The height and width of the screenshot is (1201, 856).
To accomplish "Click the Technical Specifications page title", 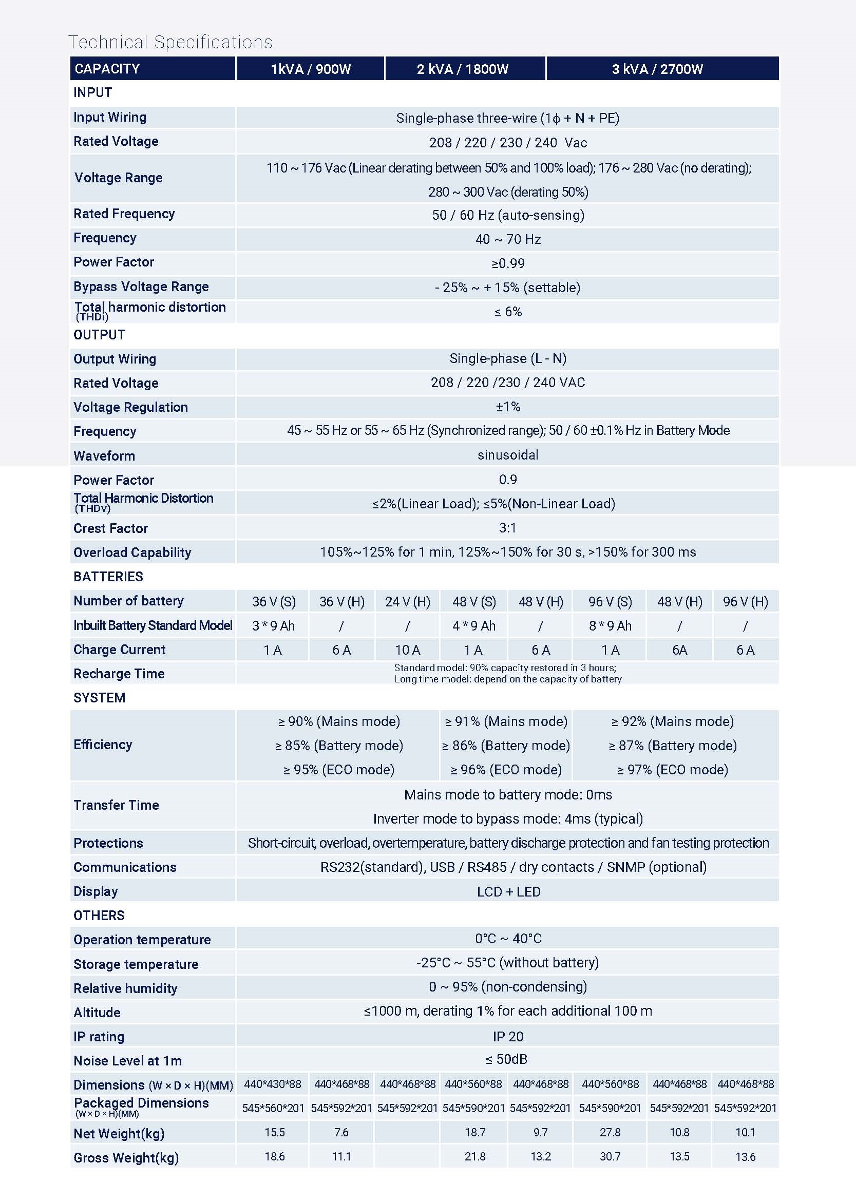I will click(170, 42).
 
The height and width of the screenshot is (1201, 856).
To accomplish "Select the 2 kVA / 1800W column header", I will click(462, 69).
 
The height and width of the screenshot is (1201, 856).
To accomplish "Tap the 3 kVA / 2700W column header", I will click(657, 69).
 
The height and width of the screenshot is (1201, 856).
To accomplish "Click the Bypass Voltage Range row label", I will click(141, 287).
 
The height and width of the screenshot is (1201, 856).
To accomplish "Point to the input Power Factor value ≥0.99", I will click(507, 263).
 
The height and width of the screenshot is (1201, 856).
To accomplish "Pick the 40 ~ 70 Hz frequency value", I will click(507, 239).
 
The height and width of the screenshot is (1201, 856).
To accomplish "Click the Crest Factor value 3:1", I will click(507, 528).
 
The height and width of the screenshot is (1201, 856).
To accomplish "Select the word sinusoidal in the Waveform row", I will click(507, 455).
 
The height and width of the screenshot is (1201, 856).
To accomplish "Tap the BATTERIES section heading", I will click(108, 577).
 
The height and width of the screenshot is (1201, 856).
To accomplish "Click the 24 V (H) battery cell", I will click(407, 602).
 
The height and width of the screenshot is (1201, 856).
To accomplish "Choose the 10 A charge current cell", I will click(407, 650).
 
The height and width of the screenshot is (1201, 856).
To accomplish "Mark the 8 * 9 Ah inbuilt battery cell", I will click(610, 626).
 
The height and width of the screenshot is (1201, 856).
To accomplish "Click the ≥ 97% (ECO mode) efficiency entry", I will click(672, 770).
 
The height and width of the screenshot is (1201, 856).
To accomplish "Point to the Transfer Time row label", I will click(116, 805).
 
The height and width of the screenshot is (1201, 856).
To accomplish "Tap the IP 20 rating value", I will click(507, 1037).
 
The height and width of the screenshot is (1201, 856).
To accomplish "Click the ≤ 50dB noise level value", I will click(506, 1059).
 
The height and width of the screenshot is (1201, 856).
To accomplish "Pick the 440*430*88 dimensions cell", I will click(273, 1084).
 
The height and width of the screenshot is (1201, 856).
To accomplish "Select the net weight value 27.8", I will click(610, 1132).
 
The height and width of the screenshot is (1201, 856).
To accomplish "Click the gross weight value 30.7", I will click(610, 1156).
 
